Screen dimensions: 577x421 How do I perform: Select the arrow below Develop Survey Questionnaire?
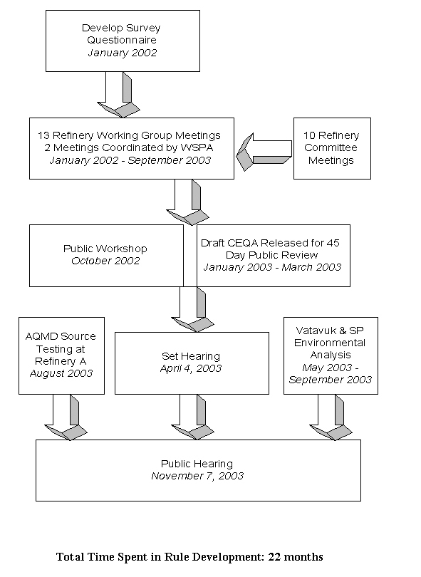click(x=118, y=94)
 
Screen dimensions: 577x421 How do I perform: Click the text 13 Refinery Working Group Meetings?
click(x=130, y=135)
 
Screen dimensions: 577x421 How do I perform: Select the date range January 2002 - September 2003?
click(x=130, y=160)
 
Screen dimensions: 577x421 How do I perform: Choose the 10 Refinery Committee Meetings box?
click(x=331, y=148)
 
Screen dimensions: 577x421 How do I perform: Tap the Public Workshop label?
click(x=105, y=249)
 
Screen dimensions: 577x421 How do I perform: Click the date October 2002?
click(x=105, y=261)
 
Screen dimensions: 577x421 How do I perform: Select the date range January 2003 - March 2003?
click(x=271, y=267)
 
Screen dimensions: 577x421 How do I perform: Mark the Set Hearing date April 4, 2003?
click(x=191, y=368)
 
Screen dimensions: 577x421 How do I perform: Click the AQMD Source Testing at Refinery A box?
click(x=61, y=355)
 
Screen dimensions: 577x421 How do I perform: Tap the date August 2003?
click(x=61, y=373)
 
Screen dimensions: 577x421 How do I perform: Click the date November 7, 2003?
click(x=197, y=476)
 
